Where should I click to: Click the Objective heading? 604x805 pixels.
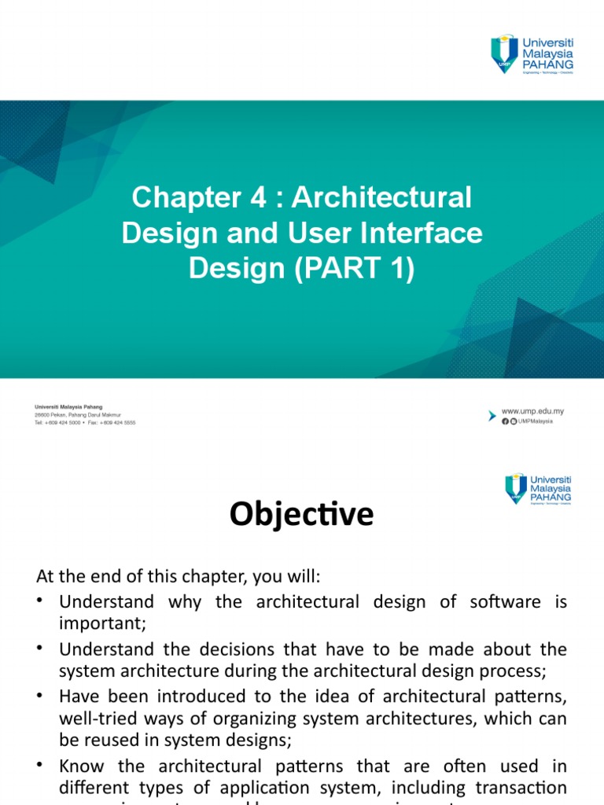[x=301, y=515]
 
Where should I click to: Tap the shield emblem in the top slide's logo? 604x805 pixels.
[x=504, y=53]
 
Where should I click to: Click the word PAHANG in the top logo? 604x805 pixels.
[x=551, y=62]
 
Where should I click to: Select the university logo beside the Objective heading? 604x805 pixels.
[x=538, y=488]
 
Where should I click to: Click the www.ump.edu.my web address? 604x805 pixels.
[x=532, y=411]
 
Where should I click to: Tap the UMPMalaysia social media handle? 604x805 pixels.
[x=535, y=421]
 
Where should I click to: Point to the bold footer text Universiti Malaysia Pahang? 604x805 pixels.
[x=68, y=407]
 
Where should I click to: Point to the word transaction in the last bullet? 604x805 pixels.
[x=523, y=788]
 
